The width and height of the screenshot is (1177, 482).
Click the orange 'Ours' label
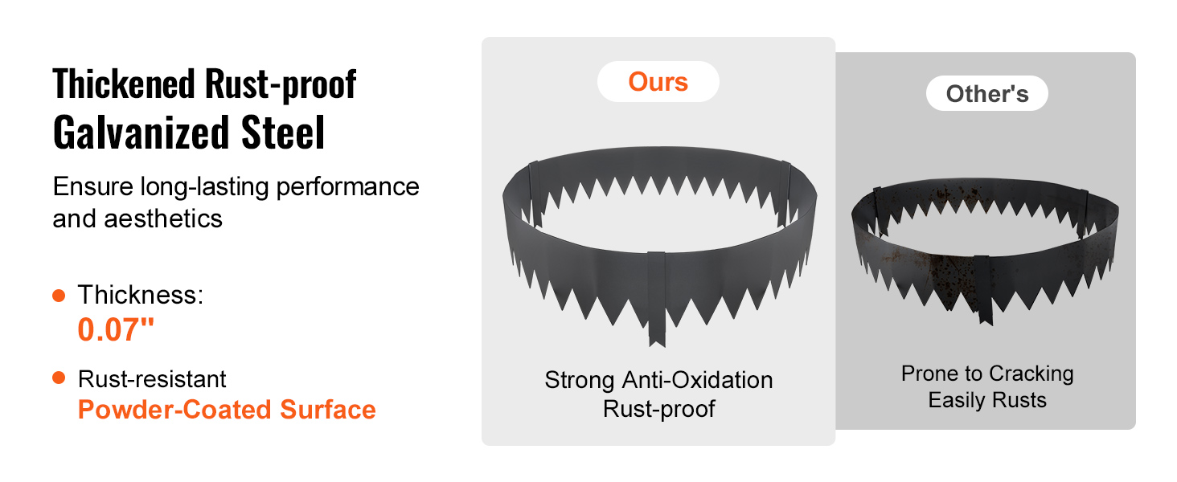pyautogui.click(x=658, y=82)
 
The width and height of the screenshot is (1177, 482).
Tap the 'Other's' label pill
pyautogui.click(x=986, y=93)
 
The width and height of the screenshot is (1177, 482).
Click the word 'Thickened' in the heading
pyautogui.click(x=124, y=84)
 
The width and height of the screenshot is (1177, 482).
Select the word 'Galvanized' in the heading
pyautogui.click(x=141, y=133)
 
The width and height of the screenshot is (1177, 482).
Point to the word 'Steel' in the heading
pyautogui.click(x=283, y=133)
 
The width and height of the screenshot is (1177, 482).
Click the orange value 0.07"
pyautogui.click(x=116, y=329)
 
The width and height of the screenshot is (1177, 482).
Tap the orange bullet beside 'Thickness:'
pyautogui.click(x=59, y=296)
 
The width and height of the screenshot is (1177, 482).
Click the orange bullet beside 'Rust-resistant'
pyautogui.click(x=59, y=378)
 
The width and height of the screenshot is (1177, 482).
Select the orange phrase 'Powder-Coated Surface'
pyautogui.click(x=227, y=410)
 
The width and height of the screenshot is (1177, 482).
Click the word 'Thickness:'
pyautogui.click(x=141, y=295)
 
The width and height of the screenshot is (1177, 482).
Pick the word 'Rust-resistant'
pyautogui.click(x=152, y=379)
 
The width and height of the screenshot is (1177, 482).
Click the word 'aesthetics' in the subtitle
pyautogui.click(x=163, y=219)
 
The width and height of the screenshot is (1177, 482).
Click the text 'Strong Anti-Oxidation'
pyautogui.click(x=658, y=380)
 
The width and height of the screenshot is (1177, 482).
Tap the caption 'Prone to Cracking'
pyautogui.click(x=987, y=374)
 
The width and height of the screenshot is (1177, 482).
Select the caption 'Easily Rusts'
pyautogui.click(x=987, y=400)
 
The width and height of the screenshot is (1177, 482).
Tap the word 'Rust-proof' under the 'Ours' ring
pyautogui.click(x=659, y=409)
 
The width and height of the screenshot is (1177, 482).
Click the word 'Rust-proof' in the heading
pyautogui.click(x=281, y=84)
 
